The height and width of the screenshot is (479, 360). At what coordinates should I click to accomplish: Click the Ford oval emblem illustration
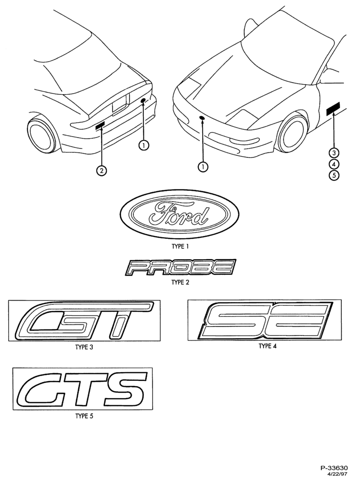(180, 214)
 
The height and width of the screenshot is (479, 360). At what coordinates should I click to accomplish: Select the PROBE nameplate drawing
(180, 267)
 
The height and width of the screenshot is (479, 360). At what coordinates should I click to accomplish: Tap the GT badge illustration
(84, 320)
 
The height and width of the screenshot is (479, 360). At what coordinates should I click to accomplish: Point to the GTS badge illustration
(82, 389)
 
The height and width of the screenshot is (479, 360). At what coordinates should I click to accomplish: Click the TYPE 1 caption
(180, 246)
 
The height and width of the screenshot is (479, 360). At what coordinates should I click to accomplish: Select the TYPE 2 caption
(180, 282)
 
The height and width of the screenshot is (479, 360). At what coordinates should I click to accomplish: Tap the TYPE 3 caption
(84, 347)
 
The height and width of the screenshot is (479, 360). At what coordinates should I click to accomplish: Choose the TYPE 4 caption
(268, 346)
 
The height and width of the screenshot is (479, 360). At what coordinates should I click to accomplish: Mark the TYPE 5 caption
(84, 416)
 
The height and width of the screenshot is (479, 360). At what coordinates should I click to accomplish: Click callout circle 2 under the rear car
(102, 170)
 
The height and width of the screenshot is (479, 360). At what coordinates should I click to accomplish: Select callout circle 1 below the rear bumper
(143, 145)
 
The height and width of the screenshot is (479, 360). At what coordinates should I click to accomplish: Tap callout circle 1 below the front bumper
(203, 166)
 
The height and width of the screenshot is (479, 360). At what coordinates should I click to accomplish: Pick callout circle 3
(334, 152)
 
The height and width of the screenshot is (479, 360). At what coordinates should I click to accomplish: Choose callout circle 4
(334, 164)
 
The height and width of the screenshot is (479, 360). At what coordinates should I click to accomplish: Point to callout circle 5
(334, 176)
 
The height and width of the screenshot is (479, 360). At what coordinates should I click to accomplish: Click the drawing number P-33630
(334, 467)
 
